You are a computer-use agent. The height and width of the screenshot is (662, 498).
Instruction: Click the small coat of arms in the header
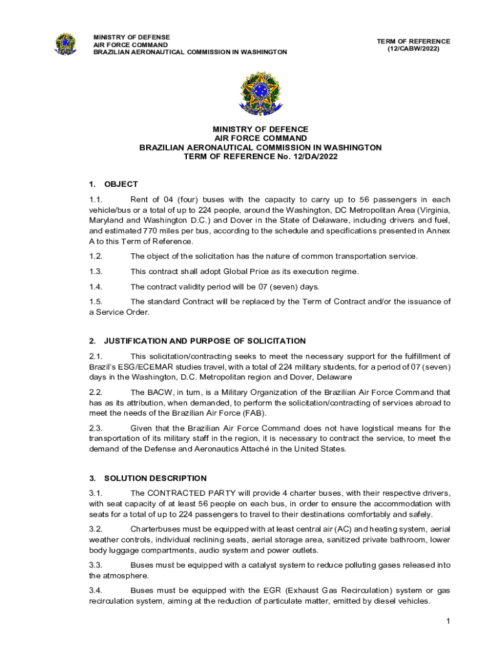65,43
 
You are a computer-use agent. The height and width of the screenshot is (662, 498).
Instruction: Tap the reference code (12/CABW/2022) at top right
413,49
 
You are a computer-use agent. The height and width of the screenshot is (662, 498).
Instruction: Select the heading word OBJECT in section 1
121,184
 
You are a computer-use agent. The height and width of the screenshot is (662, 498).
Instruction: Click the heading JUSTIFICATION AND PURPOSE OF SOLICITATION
205,341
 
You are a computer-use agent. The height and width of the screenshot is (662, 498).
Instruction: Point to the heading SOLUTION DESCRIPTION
155,478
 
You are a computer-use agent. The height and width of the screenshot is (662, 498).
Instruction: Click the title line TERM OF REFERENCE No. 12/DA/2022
261,156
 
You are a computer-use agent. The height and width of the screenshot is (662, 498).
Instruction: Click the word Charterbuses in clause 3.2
155,528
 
